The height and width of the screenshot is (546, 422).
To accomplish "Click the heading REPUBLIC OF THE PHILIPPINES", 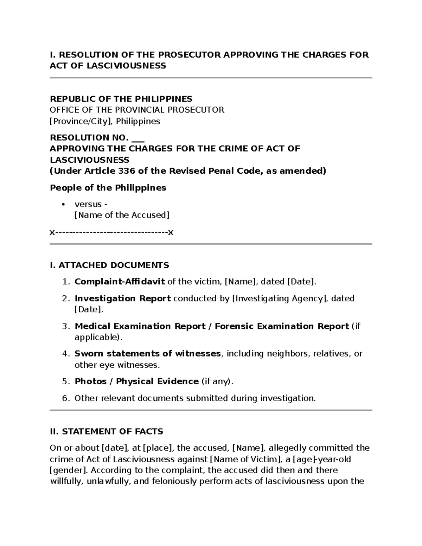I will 121,99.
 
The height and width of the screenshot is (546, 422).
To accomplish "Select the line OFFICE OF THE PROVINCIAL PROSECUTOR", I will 137,110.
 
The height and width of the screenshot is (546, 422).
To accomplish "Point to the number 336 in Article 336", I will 126,171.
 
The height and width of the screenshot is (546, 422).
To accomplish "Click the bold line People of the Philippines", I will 108,188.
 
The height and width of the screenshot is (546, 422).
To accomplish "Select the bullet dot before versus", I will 63,205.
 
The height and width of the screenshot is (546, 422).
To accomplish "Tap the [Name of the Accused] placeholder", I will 122,215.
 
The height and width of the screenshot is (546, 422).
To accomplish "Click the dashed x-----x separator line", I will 111,232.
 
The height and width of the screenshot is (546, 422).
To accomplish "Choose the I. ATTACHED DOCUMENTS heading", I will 109,265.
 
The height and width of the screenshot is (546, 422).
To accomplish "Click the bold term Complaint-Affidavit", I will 120,282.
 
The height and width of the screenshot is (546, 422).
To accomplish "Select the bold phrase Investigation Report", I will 123,298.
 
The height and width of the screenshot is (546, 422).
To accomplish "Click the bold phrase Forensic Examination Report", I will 282,326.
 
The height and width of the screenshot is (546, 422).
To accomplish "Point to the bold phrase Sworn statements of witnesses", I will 148,354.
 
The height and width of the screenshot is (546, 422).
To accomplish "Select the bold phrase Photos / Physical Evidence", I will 137,381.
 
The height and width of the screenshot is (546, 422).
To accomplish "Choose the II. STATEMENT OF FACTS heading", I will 107,431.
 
